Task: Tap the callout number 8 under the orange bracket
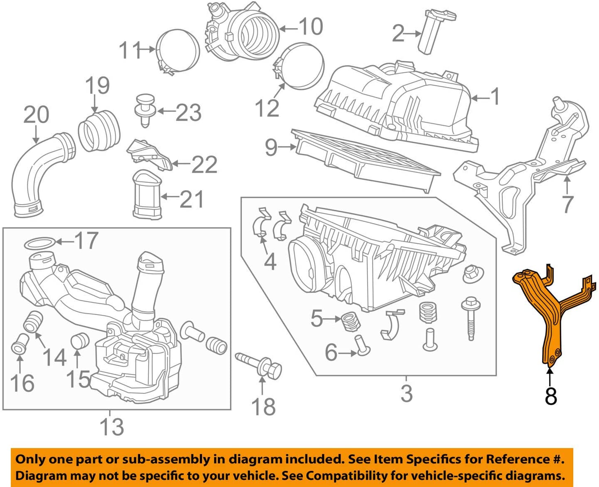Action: pos(550,396)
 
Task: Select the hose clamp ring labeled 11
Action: pos(178,51)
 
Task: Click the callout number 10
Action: pos(310,27)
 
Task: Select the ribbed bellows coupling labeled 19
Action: pos(100,129)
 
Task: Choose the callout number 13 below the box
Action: pos(112,427)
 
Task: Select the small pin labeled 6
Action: pos(362,346)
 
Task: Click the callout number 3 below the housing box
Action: pos(407,393)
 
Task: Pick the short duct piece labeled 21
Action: pos(146,195)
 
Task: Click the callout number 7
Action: pos(567,204)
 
